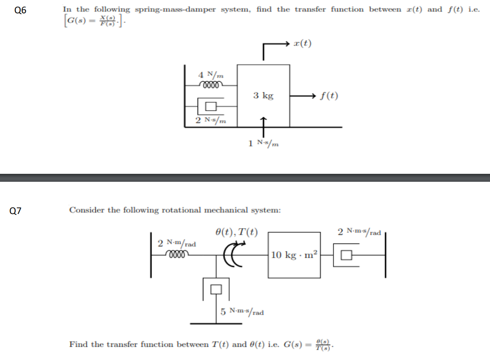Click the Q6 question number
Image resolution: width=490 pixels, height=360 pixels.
[x=20, y=11]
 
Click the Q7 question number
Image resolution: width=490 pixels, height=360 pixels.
[x=20, y=211]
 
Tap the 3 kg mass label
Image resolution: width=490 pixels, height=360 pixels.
[x=263, y=95]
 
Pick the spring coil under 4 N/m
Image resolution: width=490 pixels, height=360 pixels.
[x=211, y=83]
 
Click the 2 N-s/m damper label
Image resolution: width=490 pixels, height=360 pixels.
[x=211, y=120]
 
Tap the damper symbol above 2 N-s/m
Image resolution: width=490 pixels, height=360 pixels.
[x=210, y=106]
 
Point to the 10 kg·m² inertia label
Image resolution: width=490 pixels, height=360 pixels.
[x=294, y=255]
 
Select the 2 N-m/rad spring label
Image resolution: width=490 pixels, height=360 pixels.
[x=177, y=243]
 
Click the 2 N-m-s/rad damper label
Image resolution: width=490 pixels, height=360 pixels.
[x=359, y=231]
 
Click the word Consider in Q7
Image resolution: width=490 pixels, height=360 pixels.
[x=87, y=210]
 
